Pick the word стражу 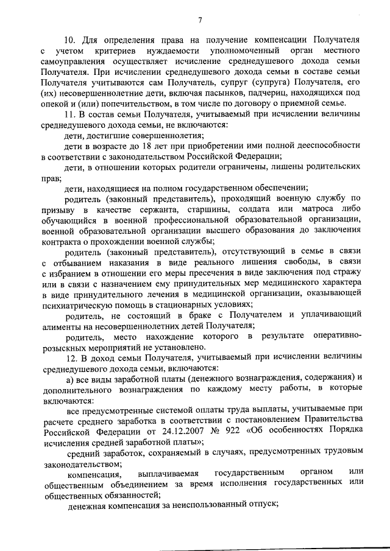(x=346, y=279)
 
